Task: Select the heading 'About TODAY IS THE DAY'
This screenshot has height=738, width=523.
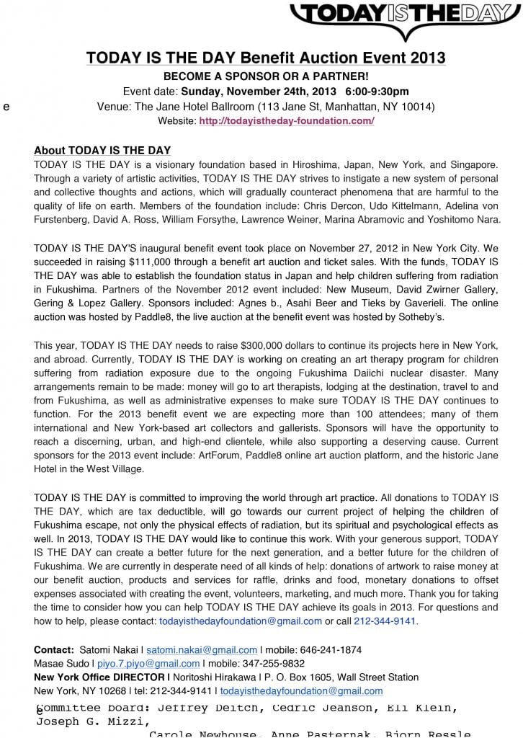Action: [x=102, y=151]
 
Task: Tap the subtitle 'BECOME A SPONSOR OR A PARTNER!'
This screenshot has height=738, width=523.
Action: [x=266, y=76]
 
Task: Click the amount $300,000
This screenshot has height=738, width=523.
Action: [x=267, y=345]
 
